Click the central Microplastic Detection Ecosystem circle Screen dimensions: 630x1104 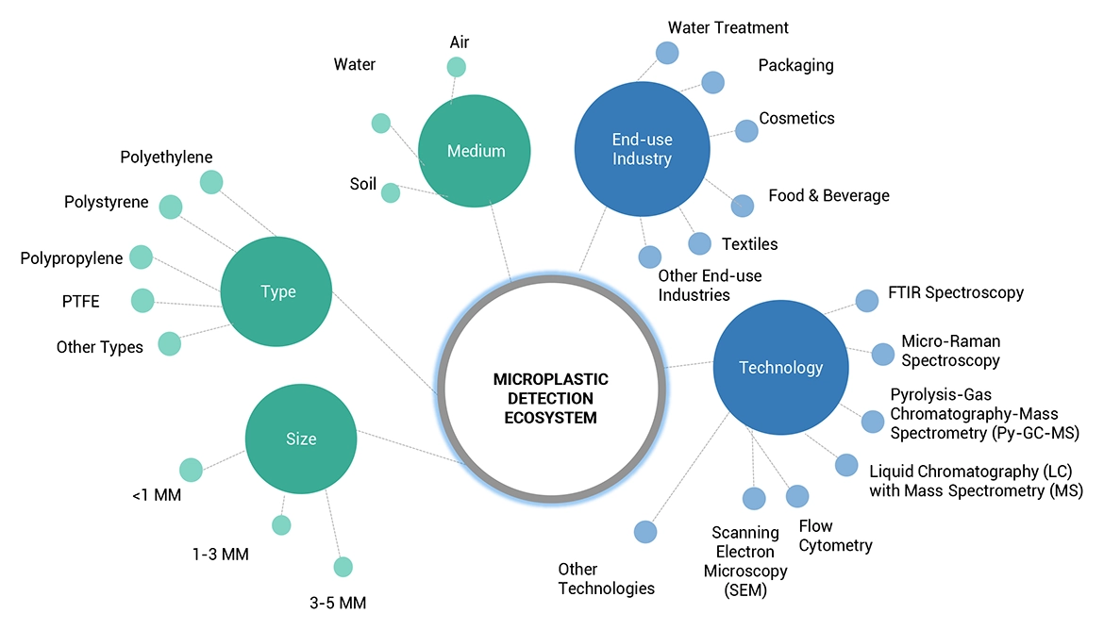coord(551,397)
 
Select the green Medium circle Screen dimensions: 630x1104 coord(476,151)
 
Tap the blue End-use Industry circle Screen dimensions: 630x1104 coord(642,149)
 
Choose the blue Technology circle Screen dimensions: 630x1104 coord(780,368)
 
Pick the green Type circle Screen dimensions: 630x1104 coord(277,292)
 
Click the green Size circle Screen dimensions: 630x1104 coord(301,439)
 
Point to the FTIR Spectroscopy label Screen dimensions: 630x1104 coord(955,292)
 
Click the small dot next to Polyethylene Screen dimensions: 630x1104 coord(211,182)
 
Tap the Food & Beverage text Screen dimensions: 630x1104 coord(828,195)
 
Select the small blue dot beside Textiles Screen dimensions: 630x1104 coord(699,243)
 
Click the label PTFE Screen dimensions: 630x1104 coord(80,302)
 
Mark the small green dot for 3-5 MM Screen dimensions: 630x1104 coord(343,567)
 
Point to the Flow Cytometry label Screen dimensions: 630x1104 coord(835,536)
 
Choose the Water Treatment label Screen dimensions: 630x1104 coord(728,28)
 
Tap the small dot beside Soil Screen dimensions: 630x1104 coord(390,192)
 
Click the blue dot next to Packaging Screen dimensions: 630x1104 coord(712,82)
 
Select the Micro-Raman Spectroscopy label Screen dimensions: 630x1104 coord(950,350)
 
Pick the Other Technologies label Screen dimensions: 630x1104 coord(606,579)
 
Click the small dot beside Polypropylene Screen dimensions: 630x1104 coord(140,257)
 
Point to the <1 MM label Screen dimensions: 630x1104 coord(157,494)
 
